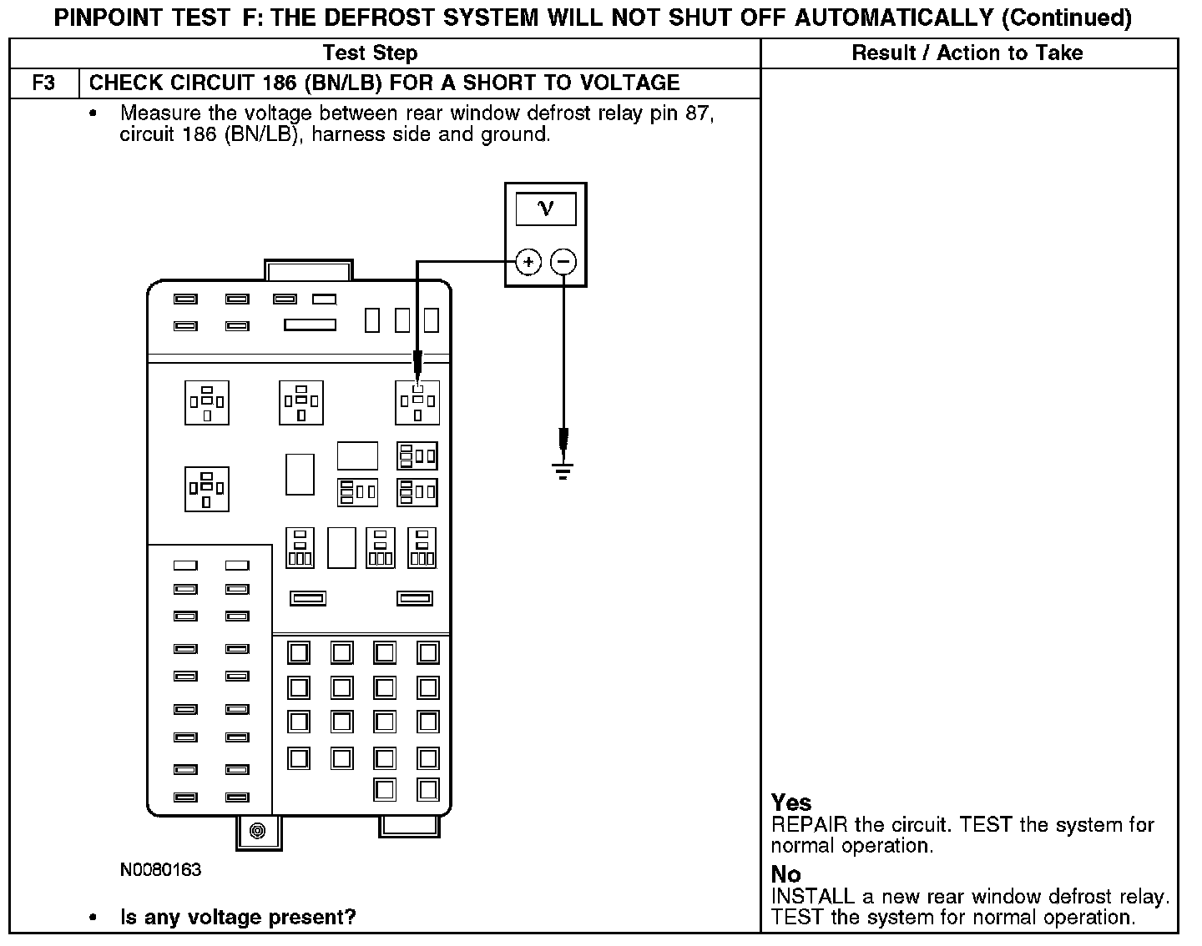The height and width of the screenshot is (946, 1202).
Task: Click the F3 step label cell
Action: pos(43,83)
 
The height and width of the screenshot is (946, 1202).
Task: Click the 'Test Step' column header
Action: pos(370,53)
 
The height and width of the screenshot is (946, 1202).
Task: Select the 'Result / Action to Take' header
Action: pos(967,53)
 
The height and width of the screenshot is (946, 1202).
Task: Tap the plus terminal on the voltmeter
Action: pos(528,262)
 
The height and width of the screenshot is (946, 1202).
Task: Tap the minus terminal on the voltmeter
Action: pos(564,262)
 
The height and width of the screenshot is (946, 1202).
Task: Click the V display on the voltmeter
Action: pos(546,209)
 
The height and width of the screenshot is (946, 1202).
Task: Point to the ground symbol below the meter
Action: pos(563,472)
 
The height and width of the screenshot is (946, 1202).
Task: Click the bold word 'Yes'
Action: pos(791,803)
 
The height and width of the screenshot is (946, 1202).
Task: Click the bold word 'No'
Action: pos(786,874)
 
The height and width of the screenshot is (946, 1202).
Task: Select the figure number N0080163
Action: pos(161,870)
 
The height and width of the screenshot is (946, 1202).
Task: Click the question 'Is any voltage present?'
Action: pos(239,918)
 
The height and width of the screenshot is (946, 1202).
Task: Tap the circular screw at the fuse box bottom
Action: pos(258,831)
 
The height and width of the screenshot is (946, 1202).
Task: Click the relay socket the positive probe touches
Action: pos(417,402)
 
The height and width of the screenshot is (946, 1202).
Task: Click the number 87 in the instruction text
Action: pos(699,113)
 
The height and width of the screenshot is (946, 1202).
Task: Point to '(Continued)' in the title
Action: pos(1067,18)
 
